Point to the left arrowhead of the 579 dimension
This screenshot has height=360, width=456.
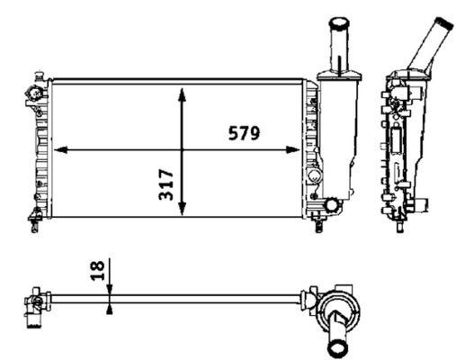coord(60,149)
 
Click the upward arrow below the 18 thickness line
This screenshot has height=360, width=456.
coord(109,308)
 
